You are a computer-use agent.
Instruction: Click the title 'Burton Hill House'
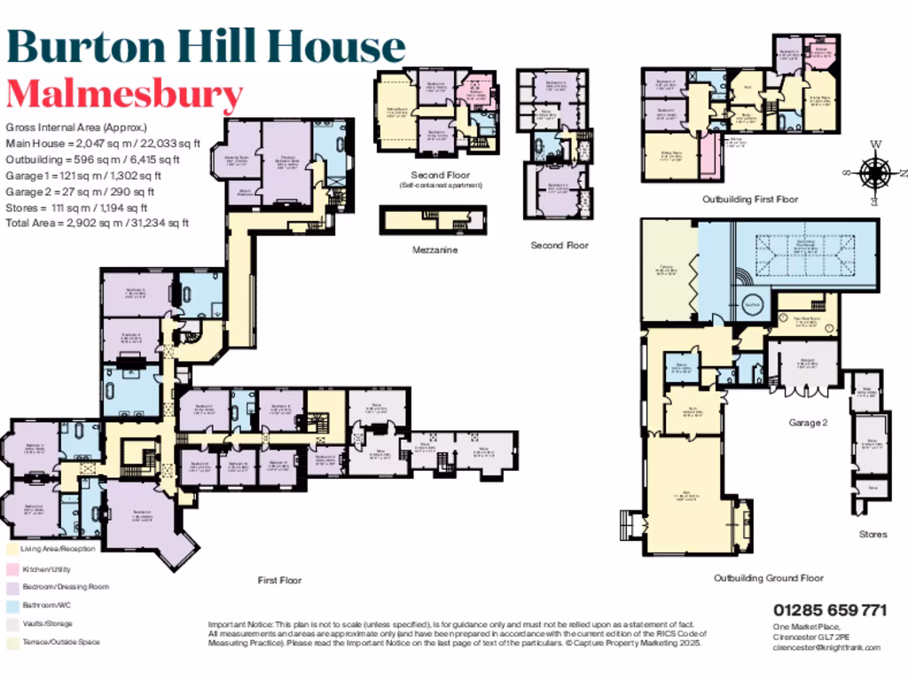point(206,47)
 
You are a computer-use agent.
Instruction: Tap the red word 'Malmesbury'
point(124,94)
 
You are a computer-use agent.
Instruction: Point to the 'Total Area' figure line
point(97,223)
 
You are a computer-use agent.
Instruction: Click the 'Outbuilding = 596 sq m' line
point(92,160)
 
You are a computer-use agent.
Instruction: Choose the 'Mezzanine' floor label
point(434,251)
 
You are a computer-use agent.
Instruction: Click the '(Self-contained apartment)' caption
point(440,185)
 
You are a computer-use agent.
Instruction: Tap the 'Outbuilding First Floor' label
point(750,200)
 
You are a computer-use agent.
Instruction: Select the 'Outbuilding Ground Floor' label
point(769,578)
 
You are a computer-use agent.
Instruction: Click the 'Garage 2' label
point(808,423)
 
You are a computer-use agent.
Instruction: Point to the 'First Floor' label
point(279,581)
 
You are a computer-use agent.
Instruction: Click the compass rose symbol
point(874,171)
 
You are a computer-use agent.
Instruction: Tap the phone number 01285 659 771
point(829,610)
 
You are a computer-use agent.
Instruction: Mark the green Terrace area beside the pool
point(670,271)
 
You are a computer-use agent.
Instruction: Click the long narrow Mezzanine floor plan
point(434,220)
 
